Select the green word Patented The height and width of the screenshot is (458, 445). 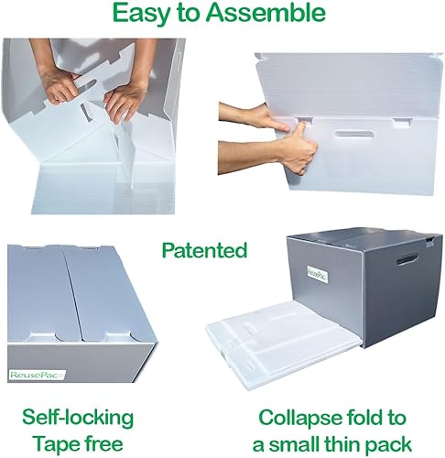[x=204, y=249]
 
